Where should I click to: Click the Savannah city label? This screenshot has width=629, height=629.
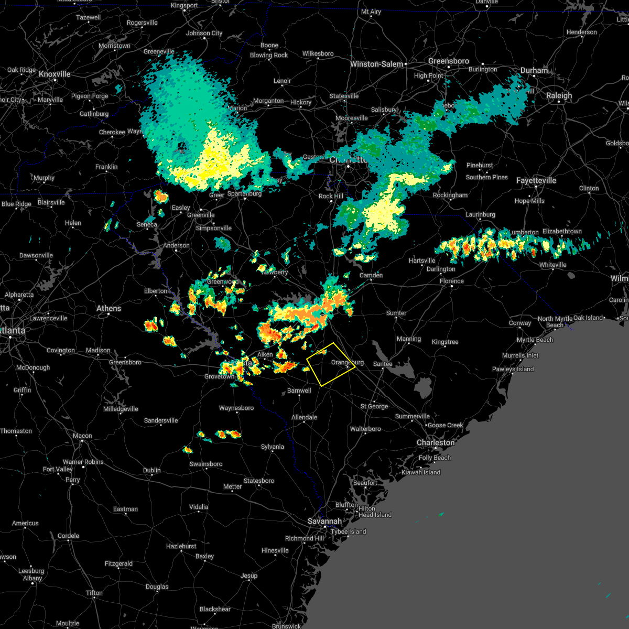[324, 521]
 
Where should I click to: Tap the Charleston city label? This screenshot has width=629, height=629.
[435, 443]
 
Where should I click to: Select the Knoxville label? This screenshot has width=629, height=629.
[55, 74]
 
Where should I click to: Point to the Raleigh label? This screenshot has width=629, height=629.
[559, 96]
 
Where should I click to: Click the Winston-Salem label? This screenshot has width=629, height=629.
[376, 64]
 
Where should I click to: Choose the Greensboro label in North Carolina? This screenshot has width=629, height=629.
[448, 61]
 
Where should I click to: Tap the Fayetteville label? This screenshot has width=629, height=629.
[536, 180]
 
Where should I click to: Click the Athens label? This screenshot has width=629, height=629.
[109, 308]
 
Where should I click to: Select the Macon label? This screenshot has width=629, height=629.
[82, 436]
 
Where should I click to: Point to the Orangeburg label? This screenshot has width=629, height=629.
[347, 363]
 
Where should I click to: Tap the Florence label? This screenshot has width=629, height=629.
[451, 281]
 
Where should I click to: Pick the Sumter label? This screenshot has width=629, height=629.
[396, 313]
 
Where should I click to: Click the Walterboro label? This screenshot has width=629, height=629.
[365, 429]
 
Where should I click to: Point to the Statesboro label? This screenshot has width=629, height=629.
[259, 481]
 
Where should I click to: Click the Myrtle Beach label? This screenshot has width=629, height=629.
[535, 340]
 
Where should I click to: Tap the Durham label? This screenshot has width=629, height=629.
[534, 70]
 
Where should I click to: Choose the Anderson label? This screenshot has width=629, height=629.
[176, 245]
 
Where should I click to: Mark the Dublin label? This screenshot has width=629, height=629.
[152, 470]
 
